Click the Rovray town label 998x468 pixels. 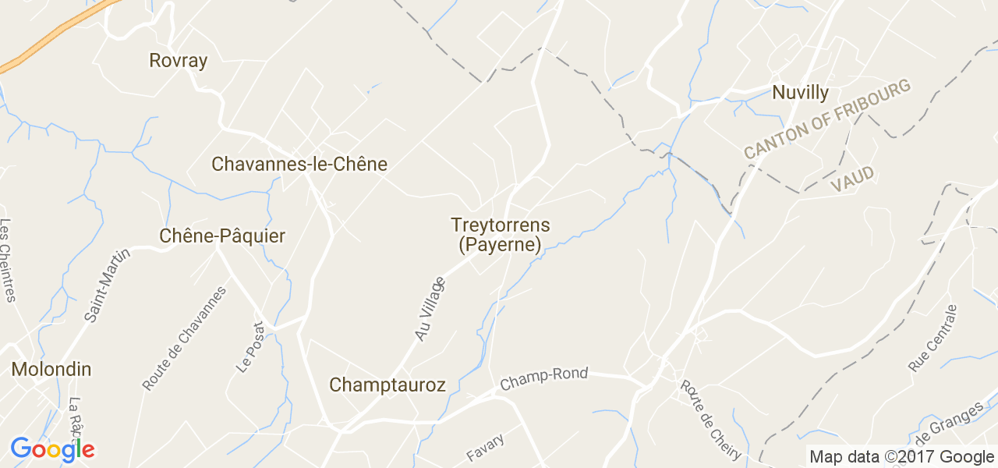tap(179, 61)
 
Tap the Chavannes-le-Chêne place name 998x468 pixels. tap(299, 165)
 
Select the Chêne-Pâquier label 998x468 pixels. tap(222, 236)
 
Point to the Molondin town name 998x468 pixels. tap(51, 369)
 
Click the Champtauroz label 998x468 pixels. tap(388, 385)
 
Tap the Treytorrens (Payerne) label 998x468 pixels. tap(500, 235)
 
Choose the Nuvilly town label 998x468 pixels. tap(801, 93)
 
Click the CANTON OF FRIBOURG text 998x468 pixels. tap(827, 119)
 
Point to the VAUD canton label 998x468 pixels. tap(852, 179)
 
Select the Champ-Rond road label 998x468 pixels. tap(543, 379)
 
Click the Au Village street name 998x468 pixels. tap(430, 309)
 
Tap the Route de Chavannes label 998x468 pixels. tap(184, 338)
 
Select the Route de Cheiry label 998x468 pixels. tap(710, 420)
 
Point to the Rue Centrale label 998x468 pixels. tap(933, 338)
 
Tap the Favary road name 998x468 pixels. tap(485, 446)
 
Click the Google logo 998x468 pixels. tap(52, 450)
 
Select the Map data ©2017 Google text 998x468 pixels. tap(901, 457)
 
